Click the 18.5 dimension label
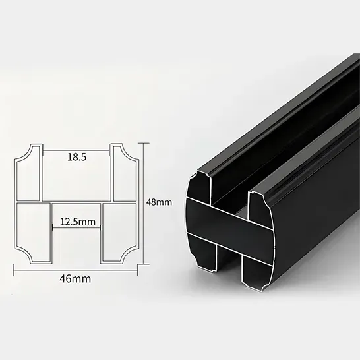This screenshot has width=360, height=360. [77, 158]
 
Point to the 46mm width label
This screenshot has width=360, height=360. [75, 279]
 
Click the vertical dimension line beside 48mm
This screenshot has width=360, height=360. [146, 202]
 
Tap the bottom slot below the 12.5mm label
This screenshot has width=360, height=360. [76, 244]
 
